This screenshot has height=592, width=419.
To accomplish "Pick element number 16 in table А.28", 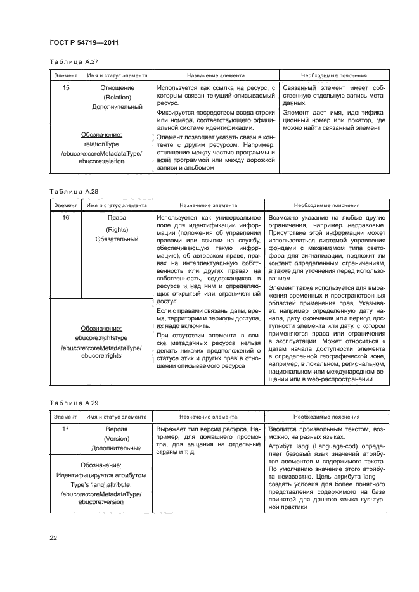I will [x=65, y=218].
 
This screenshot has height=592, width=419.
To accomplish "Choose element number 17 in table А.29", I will [x=65, y=429].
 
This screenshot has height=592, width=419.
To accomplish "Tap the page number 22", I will [x=53, y=539].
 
